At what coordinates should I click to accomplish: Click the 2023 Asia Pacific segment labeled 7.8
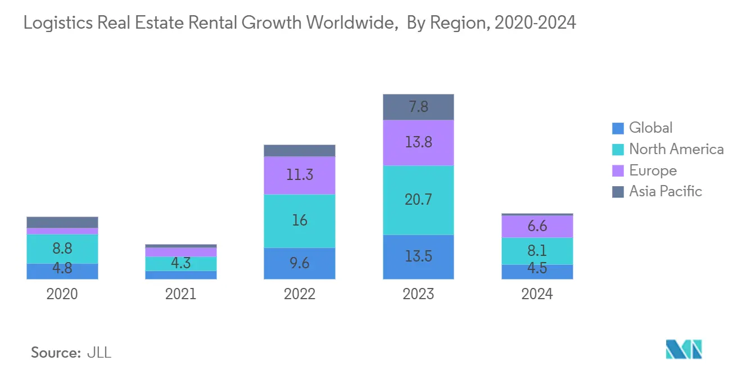418,107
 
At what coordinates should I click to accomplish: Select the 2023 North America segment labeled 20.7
418,200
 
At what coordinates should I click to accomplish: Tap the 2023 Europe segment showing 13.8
418,142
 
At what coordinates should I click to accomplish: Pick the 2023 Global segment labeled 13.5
418,256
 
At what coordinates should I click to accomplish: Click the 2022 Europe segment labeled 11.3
300,175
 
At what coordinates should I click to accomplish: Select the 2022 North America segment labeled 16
300,220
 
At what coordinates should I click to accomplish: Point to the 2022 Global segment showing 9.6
300,263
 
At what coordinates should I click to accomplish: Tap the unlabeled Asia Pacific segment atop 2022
300,150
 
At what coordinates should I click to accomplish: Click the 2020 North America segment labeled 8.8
62,249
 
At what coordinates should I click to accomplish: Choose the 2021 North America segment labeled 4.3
181,263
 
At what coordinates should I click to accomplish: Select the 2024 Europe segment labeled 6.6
537,226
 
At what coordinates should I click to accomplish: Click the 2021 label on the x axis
181,294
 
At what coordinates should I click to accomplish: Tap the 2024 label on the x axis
537,294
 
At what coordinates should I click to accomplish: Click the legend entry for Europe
653,170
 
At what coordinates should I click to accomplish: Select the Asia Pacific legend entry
666,192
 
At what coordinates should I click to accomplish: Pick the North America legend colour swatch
618,150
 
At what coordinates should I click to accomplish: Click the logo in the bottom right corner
684,349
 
